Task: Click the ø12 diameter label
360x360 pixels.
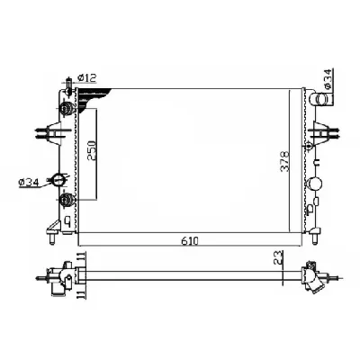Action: [87, 78]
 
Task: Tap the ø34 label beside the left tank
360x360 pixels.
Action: [29, 184]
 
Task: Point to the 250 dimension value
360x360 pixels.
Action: [91, 148]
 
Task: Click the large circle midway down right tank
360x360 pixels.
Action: [314, 187]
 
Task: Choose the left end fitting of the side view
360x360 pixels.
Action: [61, 275]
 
